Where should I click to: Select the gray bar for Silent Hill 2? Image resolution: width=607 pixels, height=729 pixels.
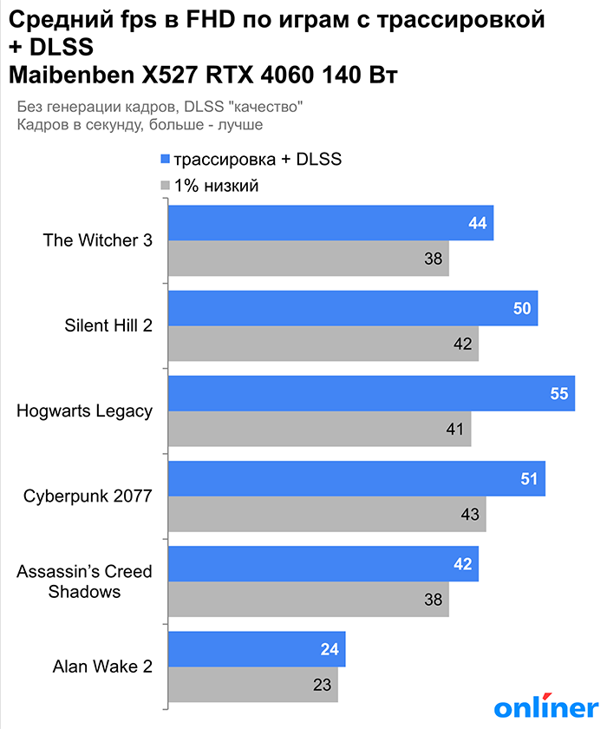tap(323, 343)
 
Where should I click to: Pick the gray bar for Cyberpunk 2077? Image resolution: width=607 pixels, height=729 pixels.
tap(326, 514)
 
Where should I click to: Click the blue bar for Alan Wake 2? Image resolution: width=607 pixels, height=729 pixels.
tap(257, 649)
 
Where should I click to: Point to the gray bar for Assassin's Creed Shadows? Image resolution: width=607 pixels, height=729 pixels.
tap(308, 599)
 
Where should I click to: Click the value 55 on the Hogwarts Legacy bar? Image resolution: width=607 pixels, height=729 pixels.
tap(558, 393)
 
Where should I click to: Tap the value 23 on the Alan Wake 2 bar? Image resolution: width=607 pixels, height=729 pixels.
tap(322, 684)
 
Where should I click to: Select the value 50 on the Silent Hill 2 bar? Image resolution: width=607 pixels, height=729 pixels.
tap(522, 308)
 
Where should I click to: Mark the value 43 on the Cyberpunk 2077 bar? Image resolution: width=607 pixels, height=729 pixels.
tap(470, 514)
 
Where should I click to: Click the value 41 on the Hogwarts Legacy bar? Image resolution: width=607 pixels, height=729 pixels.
tap(455, 429)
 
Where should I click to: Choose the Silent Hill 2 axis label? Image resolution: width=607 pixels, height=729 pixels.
tap(108, 325)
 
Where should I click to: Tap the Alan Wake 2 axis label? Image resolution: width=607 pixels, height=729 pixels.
tap(102, 667)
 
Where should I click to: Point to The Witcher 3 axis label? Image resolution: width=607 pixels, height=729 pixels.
tap(98, 240)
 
